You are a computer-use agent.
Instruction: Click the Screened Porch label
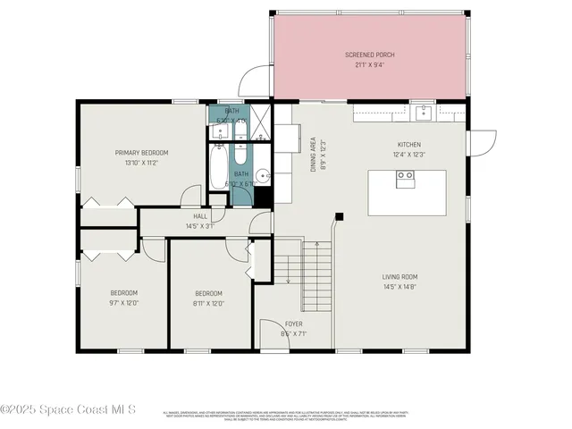[x=370, y=55]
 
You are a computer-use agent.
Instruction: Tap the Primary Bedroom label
[x=141, y=153]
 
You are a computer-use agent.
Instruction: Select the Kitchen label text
[x=409, y=144]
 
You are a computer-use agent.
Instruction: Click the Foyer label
[x=294, y=324]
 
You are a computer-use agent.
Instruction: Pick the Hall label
[x=200, y=216]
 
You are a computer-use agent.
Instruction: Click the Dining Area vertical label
[x=313, y=153]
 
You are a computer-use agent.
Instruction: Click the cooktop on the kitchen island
[x=406, y=176]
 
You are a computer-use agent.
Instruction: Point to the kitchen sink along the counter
[x=424, y=113]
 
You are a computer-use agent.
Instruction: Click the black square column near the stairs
[x=339, y=215]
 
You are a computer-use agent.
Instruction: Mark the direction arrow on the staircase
[x=289, y=272]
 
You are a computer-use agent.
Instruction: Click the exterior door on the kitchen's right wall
[x=484, y=141]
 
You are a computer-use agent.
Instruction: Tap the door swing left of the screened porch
[x=257, y=80]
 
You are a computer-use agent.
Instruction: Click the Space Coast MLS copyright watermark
[x=68, y=409]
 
